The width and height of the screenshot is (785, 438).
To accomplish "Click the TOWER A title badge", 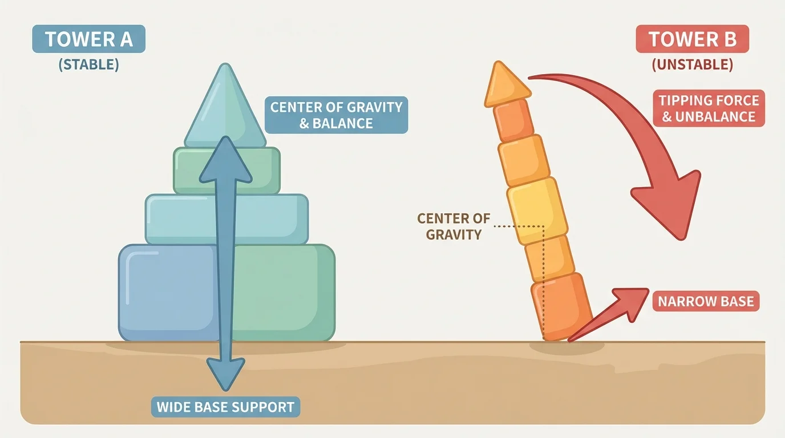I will (88, 39).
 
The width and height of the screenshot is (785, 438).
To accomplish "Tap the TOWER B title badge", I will (692, 40).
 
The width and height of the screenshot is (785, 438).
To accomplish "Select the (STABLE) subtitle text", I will (88, 64).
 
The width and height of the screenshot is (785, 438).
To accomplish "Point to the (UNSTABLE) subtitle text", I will (692, 64).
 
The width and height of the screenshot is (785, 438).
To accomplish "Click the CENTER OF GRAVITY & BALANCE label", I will (336, 115).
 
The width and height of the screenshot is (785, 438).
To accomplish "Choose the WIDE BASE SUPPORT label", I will (225, 407).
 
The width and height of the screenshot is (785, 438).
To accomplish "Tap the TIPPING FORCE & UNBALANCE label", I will (708, 109).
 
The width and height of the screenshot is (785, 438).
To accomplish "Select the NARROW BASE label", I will (706, 301).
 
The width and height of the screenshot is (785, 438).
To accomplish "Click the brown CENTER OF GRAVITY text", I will (454, 226).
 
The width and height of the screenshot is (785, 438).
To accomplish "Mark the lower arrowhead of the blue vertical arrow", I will (225, 374).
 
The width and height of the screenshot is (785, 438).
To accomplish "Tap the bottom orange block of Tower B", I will (562, 305).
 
